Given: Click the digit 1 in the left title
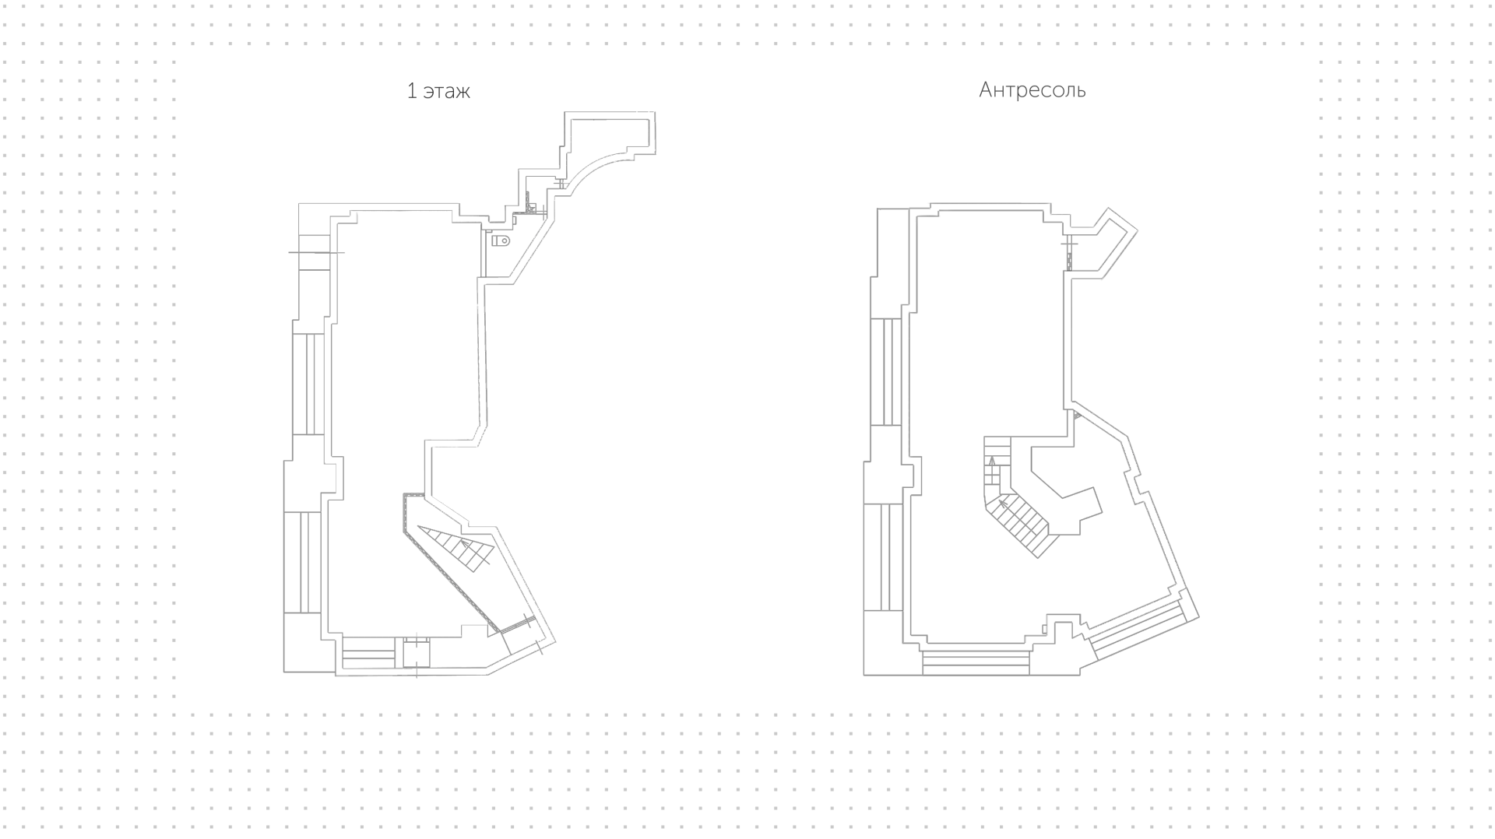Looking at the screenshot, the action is click(x=412, y=91).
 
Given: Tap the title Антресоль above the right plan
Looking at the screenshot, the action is click(x=1032, y=90).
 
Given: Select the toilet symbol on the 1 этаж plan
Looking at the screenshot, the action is click(x=501, y=240).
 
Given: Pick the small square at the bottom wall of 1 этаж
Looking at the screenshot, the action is click(x=417, y=652).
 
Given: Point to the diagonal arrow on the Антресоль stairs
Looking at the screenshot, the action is click(x=1010, y=509).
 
